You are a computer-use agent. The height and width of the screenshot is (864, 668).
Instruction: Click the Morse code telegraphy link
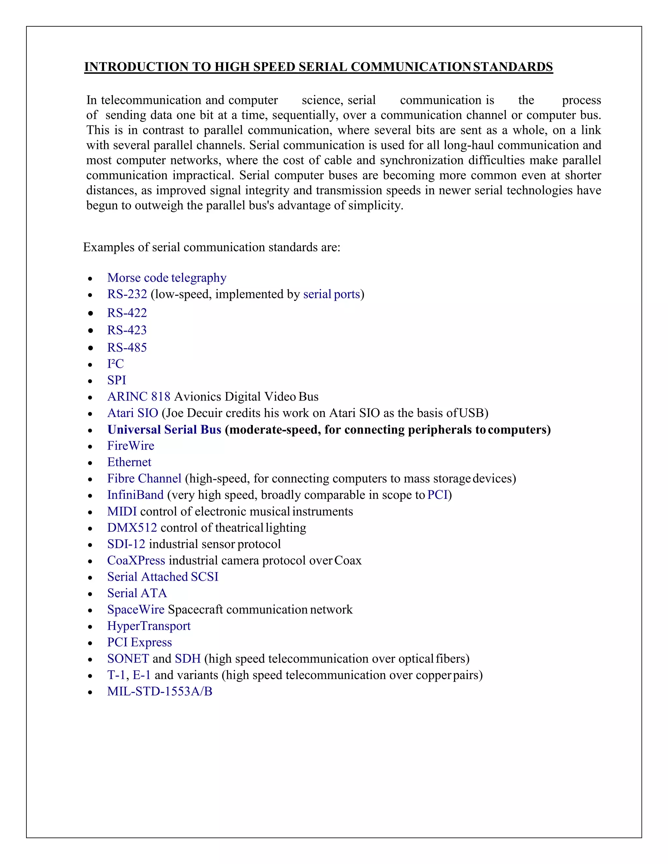click(x=167, y=278)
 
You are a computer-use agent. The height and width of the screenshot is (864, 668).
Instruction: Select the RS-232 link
click(x=127, y=294)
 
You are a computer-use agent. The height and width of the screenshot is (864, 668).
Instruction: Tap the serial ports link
click(x=332, y=294)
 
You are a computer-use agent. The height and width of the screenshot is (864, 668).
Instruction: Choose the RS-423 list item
click(x=127, y=330)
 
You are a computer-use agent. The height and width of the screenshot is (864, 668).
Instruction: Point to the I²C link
click(x=115, y=364)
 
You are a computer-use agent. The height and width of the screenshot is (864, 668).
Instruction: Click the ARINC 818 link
click(x=139, y=396)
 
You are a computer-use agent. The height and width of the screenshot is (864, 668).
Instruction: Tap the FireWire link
click(x=130, y=446)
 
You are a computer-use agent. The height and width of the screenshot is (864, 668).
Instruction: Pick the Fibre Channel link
click(x=144, y=479)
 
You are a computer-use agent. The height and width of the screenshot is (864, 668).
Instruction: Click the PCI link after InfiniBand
click(x=437, y=495)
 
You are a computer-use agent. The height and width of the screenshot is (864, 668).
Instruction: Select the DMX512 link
click(x=132, y=528)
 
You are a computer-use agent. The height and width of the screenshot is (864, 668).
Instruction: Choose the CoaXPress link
click(x=136, y=560)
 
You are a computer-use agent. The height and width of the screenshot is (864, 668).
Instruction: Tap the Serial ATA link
click(x=137, y=593)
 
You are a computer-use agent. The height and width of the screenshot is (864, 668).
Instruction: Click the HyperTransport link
click(x=149, y=626)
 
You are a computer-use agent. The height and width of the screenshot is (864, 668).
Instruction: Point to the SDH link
click(x=188, y=659)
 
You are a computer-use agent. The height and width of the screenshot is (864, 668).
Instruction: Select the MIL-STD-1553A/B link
click(x=159, y=692)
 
